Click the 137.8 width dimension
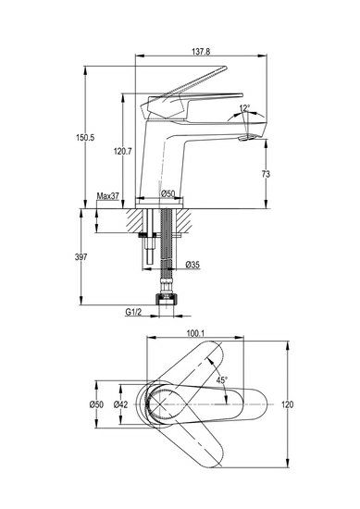coord(201,52)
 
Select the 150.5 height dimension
coord(85,137)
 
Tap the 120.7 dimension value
coord(123,151)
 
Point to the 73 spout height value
coord(266,174)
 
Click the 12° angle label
coord(244,107)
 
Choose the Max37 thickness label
coord(108,196)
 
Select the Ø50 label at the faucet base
coord(168,193)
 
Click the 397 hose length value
coord(81,257)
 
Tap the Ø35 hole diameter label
coord(192,265)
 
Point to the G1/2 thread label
coord(133,312)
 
